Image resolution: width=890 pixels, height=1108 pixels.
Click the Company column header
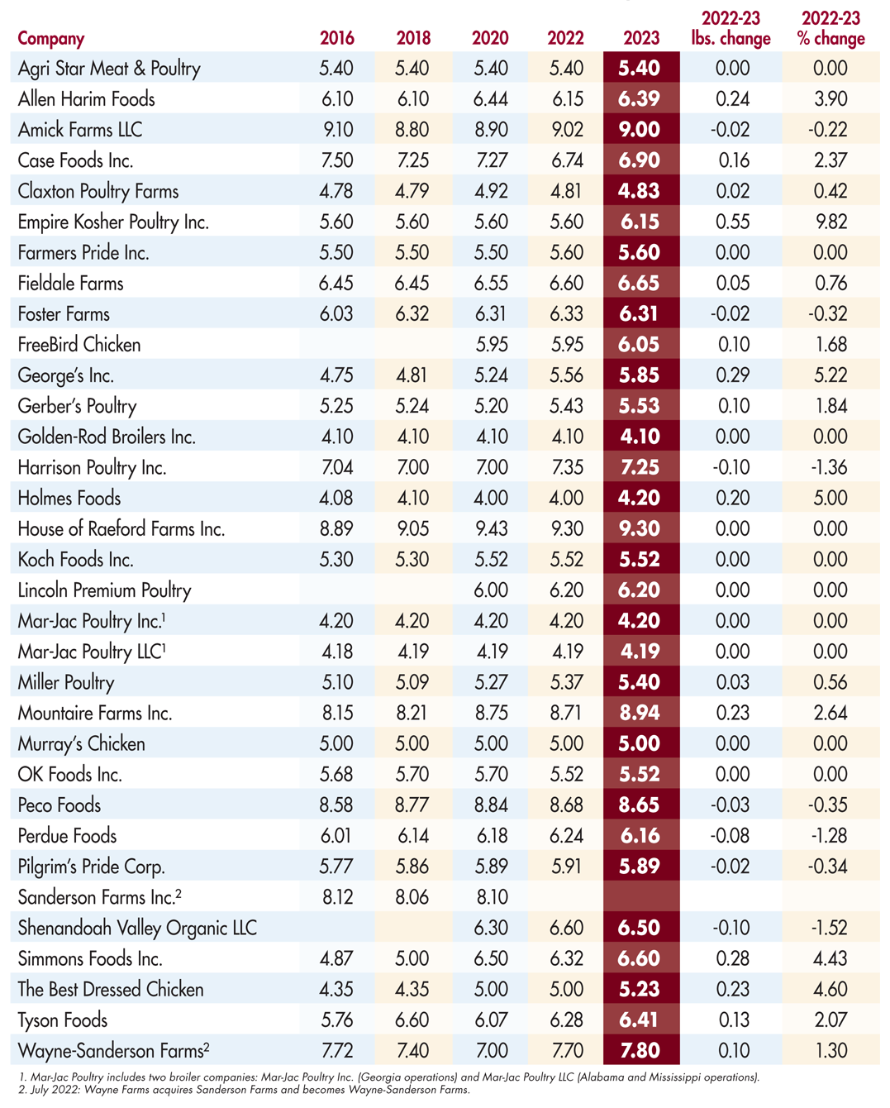[x=51, y=38]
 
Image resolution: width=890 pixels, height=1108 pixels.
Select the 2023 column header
[x=641, y=38]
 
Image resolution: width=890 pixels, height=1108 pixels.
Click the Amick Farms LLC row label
[x=80, y=130]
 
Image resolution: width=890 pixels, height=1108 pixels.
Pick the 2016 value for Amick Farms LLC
[x=336, y=130]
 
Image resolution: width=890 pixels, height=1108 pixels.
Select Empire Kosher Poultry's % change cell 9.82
[x=831, y=222]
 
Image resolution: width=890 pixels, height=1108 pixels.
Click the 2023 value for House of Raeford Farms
[x=640, y=529]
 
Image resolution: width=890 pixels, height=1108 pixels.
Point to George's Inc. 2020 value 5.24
[x=491, y=375]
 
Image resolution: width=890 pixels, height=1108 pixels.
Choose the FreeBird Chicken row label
[x=79, y=345]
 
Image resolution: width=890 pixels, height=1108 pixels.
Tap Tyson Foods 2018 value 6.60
[x=412, y=1020]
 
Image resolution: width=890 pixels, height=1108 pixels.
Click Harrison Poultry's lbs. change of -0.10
[x=732, y=468]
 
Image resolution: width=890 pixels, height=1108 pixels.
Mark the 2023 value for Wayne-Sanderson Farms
[x=640, y=1051]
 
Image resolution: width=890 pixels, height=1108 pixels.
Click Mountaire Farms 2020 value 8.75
[x=491, y=714]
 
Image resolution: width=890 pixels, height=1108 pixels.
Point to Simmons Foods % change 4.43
[x=831, y=959]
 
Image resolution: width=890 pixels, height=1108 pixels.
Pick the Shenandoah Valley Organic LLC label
[x=137, y=928]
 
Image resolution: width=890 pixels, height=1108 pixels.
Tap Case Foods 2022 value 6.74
[x=567, y=160]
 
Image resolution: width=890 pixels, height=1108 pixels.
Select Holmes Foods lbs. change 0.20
[x=732, y=499]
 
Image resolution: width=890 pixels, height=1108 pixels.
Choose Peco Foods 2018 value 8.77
[x=412, y=805]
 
